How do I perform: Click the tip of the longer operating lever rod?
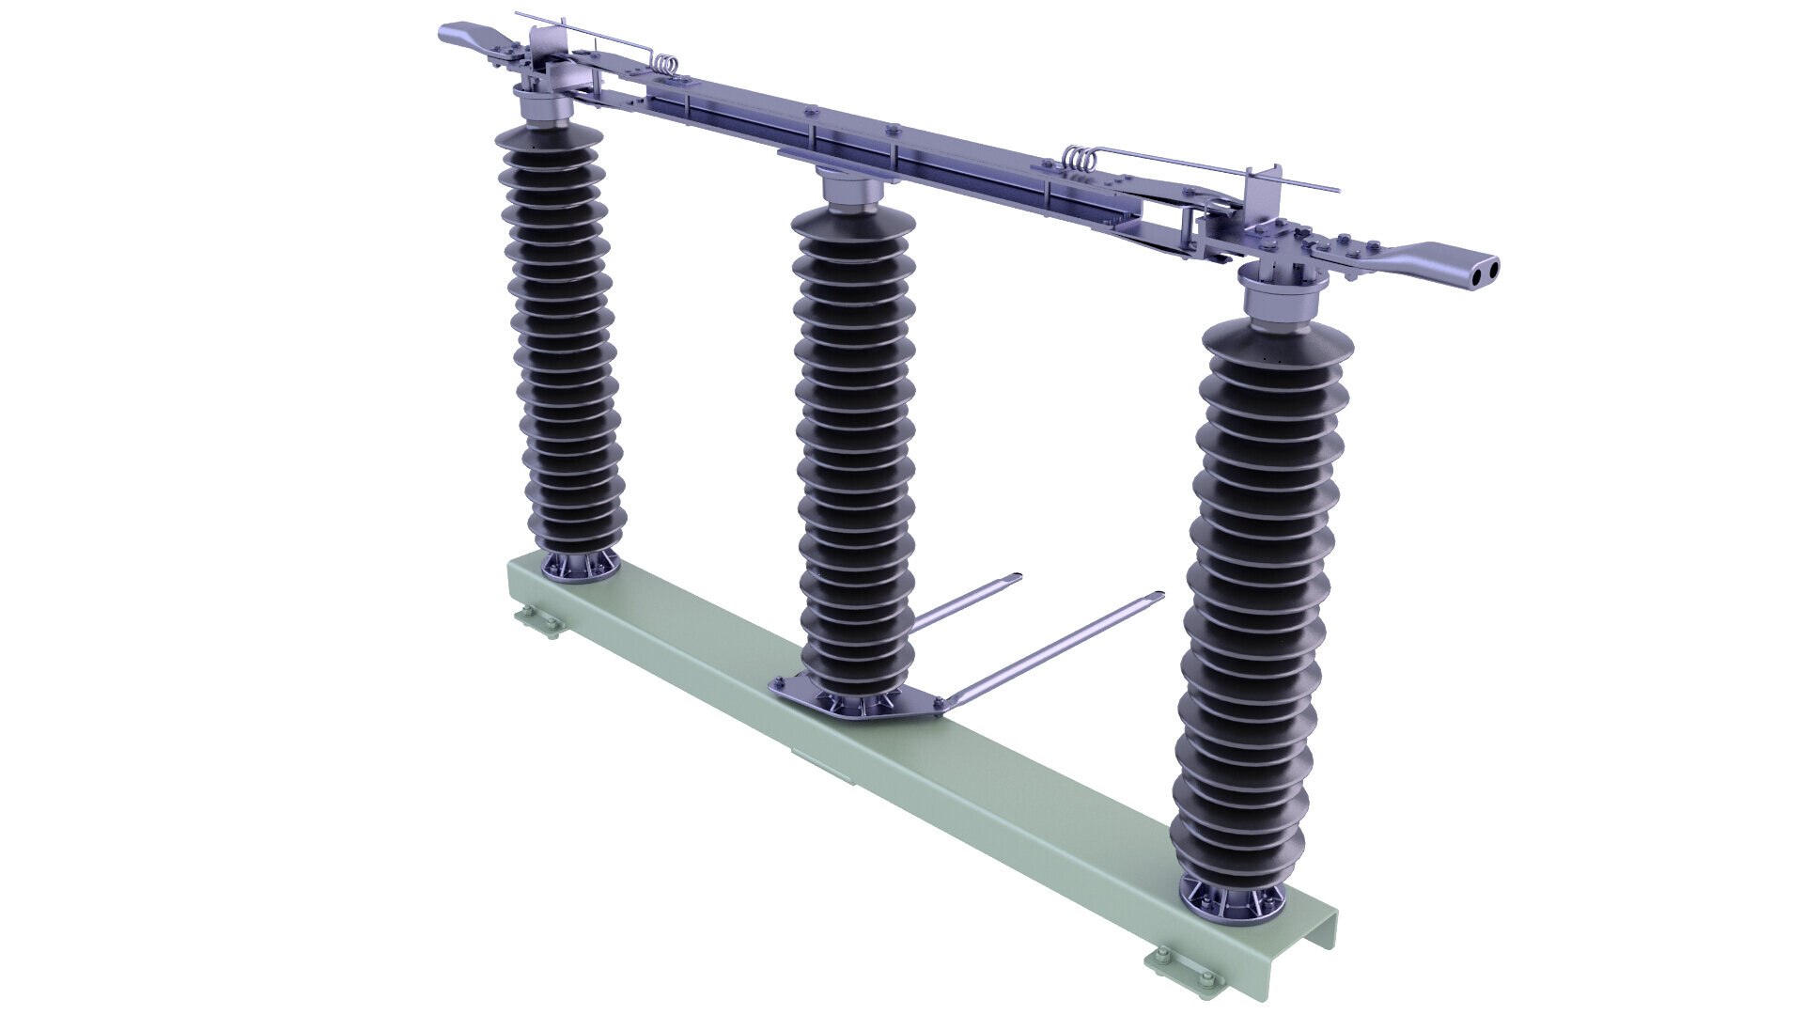click(1158, 596)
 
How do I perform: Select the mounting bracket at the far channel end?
click(537, 622)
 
